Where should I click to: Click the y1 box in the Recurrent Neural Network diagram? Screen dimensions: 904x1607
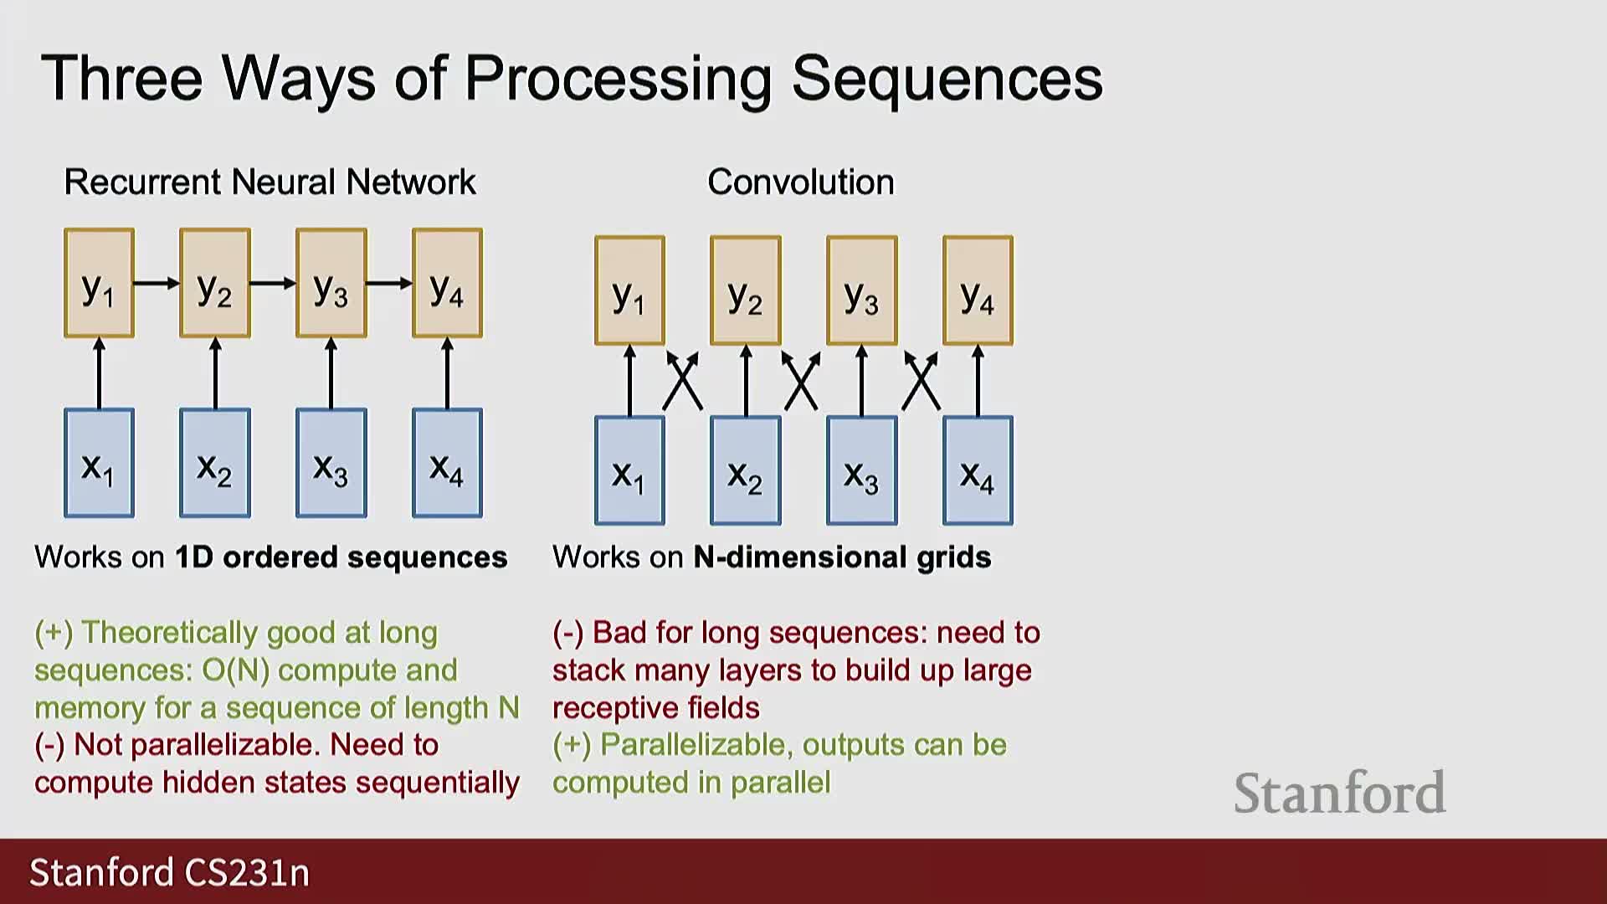[99, 283]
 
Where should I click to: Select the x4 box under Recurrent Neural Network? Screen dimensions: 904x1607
[447, 463]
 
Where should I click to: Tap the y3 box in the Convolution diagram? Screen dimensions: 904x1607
[861, 290]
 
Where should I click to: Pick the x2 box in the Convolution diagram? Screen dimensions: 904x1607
[745, 470]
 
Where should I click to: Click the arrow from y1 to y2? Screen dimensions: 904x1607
[157, 283]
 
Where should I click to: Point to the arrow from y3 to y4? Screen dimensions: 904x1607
[389, 283]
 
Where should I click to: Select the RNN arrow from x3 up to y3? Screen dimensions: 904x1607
[331, 373]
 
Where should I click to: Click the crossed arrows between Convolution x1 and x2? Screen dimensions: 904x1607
[682, 382]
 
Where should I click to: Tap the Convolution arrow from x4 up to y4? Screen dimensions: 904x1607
[978, 381]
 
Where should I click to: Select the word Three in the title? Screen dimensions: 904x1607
[122, 79]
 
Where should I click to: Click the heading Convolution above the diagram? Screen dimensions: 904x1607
[800, 182]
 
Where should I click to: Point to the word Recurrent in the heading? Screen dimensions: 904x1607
[141, 182]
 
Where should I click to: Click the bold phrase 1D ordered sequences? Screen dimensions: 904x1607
[341, 557]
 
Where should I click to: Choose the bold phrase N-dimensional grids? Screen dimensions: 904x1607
[842, 557]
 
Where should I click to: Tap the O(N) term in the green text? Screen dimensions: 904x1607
[235, 670]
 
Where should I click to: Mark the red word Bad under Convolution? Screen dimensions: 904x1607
[619, 633]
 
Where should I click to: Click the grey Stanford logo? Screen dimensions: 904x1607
[1339, 793]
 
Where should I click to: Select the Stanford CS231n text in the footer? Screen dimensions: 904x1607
[170, 872]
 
